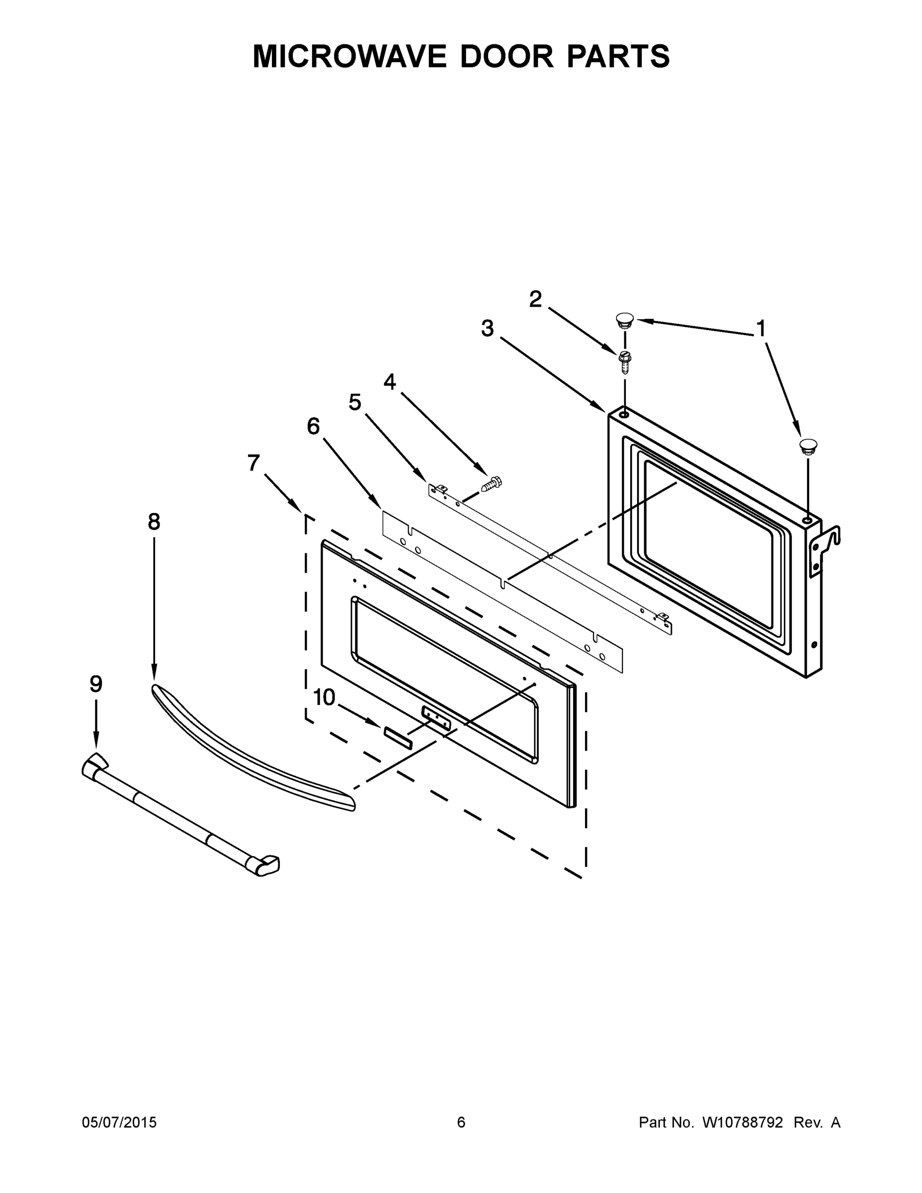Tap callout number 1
(760, 329)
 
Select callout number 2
(535, 299)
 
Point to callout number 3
(487, 328)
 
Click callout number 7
(253, 463)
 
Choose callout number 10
(324, 697)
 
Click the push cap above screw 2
(625, 320)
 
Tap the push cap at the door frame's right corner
(808, 445)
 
